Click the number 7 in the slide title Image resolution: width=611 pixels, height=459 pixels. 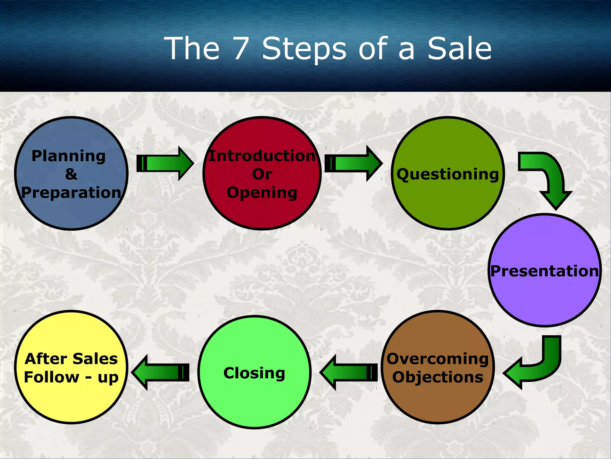[241, 48]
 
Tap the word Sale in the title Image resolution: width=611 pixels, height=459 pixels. [459, 48]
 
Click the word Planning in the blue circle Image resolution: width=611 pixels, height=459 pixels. [69, 156]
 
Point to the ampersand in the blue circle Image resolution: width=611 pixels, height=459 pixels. [71, 174]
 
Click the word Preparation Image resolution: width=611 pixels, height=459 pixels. [71, 193]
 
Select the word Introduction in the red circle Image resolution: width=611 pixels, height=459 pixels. [262, 156]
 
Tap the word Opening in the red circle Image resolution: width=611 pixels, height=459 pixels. [262, 193]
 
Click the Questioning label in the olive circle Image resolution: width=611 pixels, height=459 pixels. [448, 174]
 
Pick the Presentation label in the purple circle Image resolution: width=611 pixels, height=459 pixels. [545, 271]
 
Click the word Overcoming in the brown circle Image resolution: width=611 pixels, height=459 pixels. [438, 359]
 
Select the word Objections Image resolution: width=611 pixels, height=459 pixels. [438, 377]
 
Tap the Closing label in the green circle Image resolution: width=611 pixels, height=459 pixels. [254, 373]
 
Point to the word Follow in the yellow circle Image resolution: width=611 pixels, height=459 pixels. [51, 377]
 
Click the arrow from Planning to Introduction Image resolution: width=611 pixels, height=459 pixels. [166, 163]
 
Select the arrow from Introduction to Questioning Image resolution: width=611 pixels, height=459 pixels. [354, 163]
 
